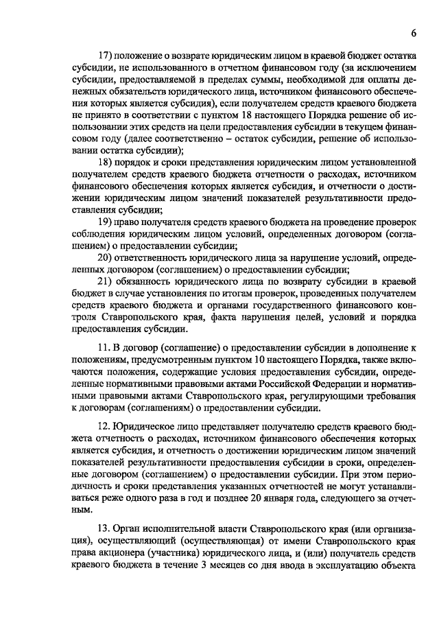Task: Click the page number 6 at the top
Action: coord(414,33)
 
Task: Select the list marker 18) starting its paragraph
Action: coord(107,161)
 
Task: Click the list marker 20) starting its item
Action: coord(107,257)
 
